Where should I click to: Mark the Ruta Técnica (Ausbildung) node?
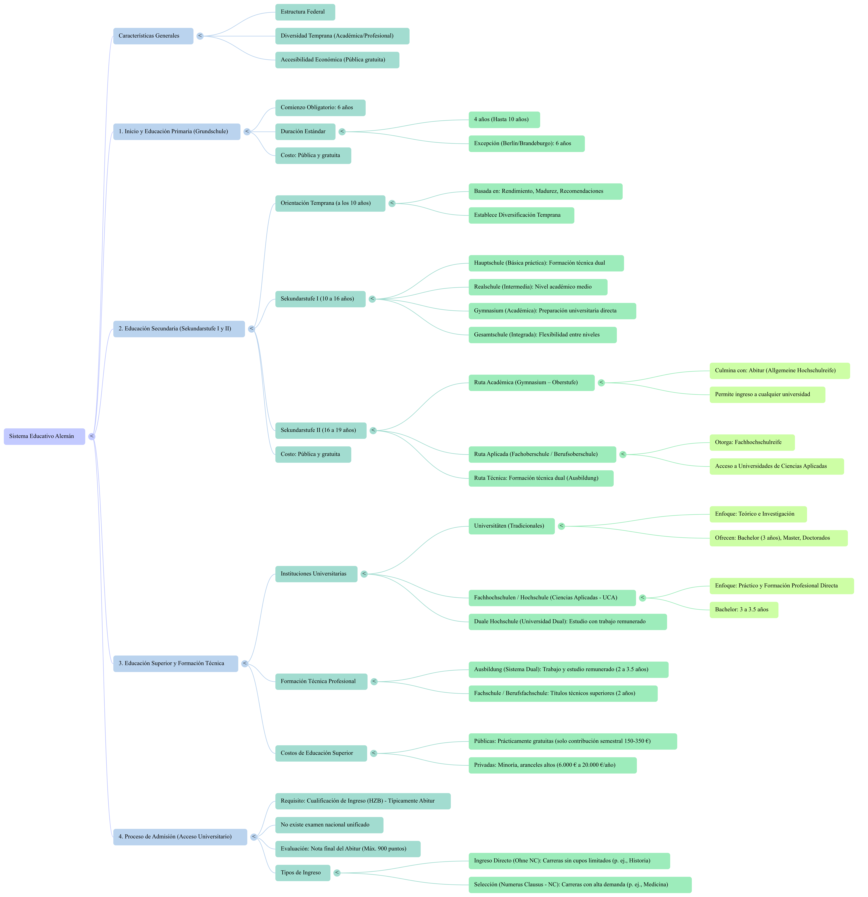[x=540, y=478]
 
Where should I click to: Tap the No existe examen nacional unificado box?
[x=329, y=825]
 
